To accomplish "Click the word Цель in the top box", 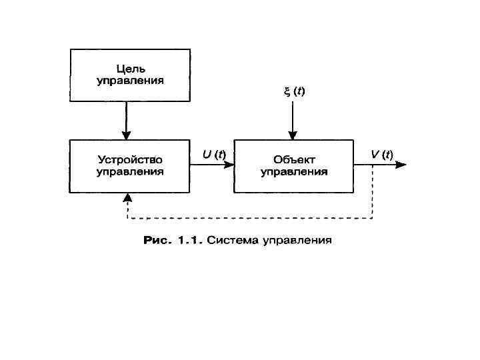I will click(131, 69).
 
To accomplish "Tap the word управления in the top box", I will click(131, 81).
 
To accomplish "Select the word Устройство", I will click(131, 160).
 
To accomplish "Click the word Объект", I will click(294, 160).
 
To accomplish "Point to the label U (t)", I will click(214, 154).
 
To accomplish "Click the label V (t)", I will click(382, 154).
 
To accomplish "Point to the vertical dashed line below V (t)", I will click(372, 193).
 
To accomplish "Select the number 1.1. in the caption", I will click(188, 239).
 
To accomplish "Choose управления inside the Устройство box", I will click(131, 172).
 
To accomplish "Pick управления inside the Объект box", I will click(294, 172).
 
